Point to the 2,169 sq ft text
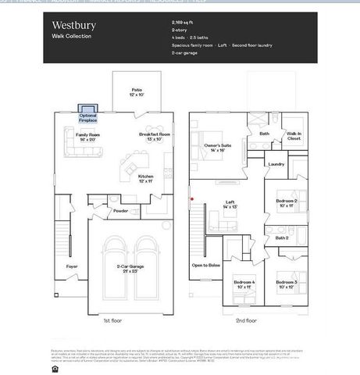pyautogui.click(x=184, y=23)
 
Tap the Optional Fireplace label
pyautogui.click(x=88, y=117)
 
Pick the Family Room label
pyautogui.click(x=88, y=137)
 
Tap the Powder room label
pyautogui.click(x=120, y=210)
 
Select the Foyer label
pyautogui.click(x=71, y=266)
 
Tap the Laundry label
pyautogui.click(x=275, y=164)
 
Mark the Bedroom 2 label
pyautogui.click(x=286, y=203)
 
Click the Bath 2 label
pyautogui.click(x=282, y=237)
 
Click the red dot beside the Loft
pyautogui.click(x=191, y=198)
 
